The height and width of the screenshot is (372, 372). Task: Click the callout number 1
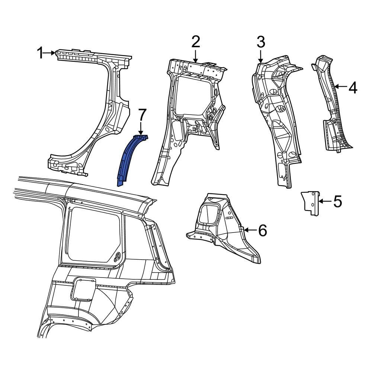(40, 53)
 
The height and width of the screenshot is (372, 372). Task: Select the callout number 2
(196, 42)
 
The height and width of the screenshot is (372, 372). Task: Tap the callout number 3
(260, 42)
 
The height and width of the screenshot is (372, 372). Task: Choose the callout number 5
(337, 202)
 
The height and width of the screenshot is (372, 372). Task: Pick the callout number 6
(262, 231)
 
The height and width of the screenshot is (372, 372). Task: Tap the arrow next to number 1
(49, 53)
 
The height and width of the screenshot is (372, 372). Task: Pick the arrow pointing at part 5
(324, 202)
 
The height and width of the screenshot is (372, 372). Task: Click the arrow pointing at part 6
(249, 231)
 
